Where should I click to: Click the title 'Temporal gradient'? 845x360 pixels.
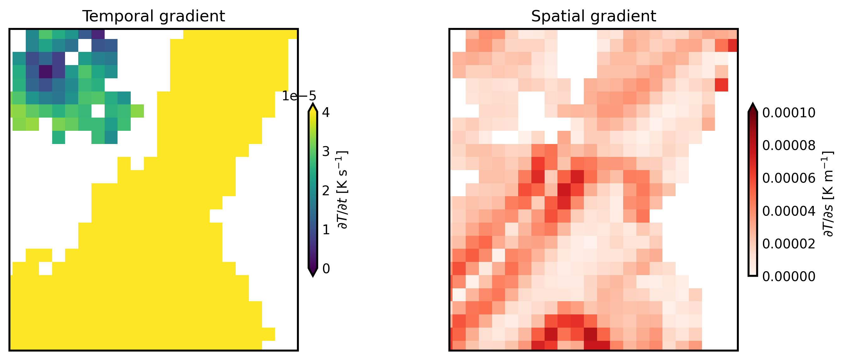coord(154,16)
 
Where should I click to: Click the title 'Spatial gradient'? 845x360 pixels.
coord(593,16)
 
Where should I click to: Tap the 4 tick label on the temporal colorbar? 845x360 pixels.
coord(326,113)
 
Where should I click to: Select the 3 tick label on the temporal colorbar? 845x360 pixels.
coord(326,152)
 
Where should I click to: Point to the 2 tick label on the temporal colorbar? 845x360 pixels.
coord(326,191)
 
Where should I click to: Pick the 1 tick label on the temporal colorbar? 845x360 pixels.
coord(326,230)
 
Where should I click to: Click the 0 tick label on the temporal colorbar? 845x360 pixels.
coord(326,269)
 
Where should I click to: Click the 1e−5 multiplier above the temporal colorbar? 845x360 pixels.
coord(299,96)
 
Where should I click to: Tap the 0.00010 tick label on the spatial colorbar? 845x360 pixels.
coord(788,113)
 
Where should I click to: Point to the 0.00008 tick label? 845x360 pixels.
coord(788,145)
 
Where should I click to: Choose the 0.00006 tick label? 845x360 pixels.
coord(788,178)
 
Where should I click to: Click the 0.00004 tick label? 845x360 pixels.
coord(788,211)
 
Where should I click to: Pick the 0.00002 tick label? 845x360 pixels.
coord(788,244)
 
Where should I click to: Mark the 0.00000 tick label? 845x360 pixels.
coord(788,277)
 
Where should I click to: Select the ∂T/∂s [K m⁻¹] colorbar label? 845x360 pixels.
coord(828,194)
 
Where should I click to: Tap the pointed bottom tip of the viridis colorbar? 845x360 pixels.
coord(313,275)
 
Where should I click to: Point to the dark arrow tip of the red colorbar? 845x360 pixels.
coord(753,106)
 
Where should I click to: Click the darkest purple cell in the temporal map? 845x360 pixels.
coord(46,72)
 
